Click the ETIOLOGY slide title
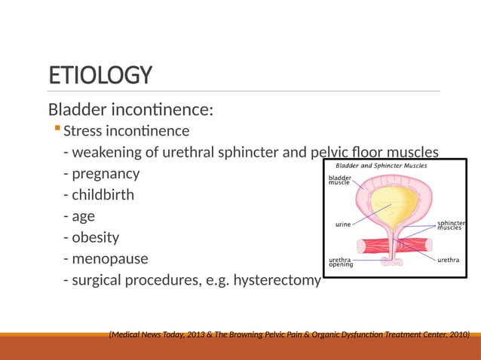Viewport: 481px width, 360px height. pyautogui.click(x=100, y=75)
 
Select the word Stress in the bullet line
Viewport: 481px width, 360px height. pyautogui.click(x=83, y=131)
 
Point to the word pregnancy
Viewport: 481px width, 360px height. pyautogui.click(x=106, y=173)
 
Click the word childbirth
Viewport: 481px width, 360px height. pyautogui.click(x=103, y=194)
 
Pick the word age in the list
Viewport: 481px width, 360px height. pyautogui.click(x=83, y=217)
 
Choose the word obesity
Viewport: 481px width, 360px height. pyautogui.click(x=96, y=237)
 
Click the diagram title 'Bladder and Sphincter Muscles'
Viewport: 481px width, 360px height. pyautogui.click(x=381, y=165)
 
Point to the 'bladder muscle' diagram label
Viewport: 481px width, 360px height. pyautogui.click(x=339, y=181)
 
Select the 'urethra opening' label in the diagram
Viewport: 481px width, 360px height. pyautogui.click(x=342, y=262)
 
